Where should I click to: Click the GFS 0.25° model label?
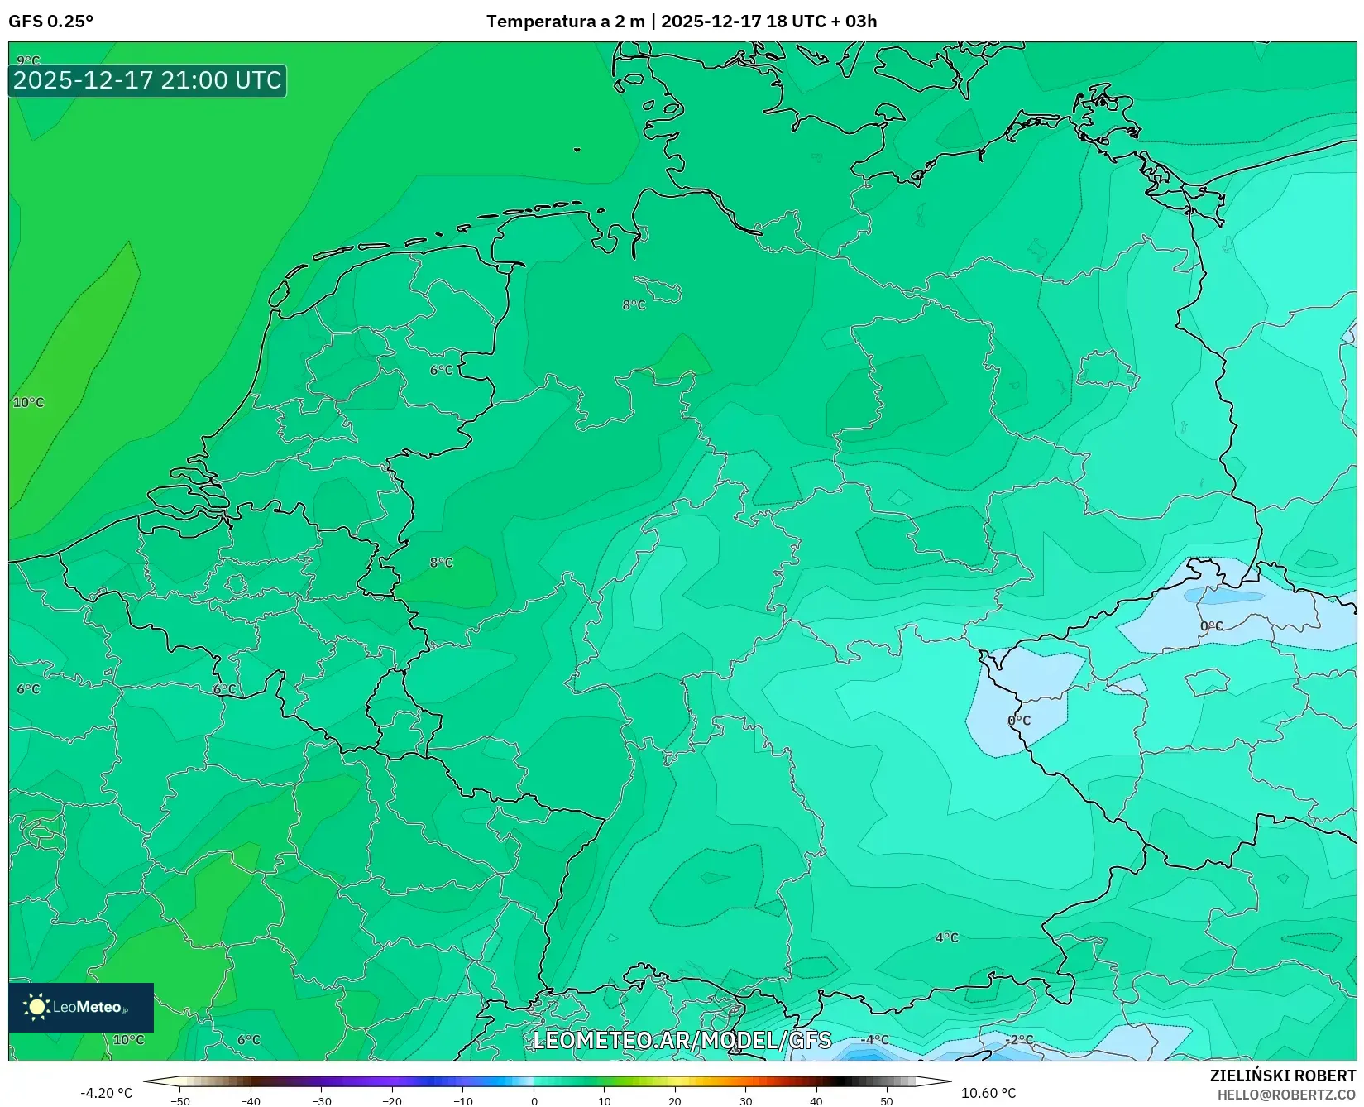50,21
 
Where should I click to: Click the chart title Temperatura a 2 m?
565,21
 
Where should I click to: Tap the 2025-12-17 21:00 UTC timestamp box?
147,80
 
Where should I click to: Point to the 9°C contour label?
28,60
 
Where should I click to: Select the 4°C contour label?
946,937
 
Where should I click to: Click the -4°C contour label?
874,1040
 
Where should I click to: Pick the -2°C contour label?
1019,1040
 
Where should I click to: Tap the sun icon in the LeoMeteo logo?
36,1007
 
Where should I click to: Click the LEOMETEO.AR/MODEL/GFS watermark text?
682,1040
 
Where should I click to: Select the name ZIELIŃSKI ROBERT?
1282,1076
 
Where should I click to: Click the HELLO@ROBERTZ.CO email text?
1286,1095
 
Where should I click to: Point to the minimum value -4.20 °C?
106,1093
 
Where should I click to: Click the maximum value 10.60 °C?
988,1093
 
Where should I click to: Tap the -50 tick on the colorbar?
180,1101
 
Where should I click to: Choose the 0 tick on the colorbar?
534,1101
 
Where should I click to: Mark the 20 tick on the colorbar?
675,1101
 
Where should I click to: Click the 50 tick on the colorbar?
887,1101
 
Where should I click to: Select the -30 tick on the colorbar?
322,1101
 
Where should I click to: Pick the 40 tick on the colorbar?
816,1101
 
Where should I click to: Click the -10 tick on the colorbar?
463,1101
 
